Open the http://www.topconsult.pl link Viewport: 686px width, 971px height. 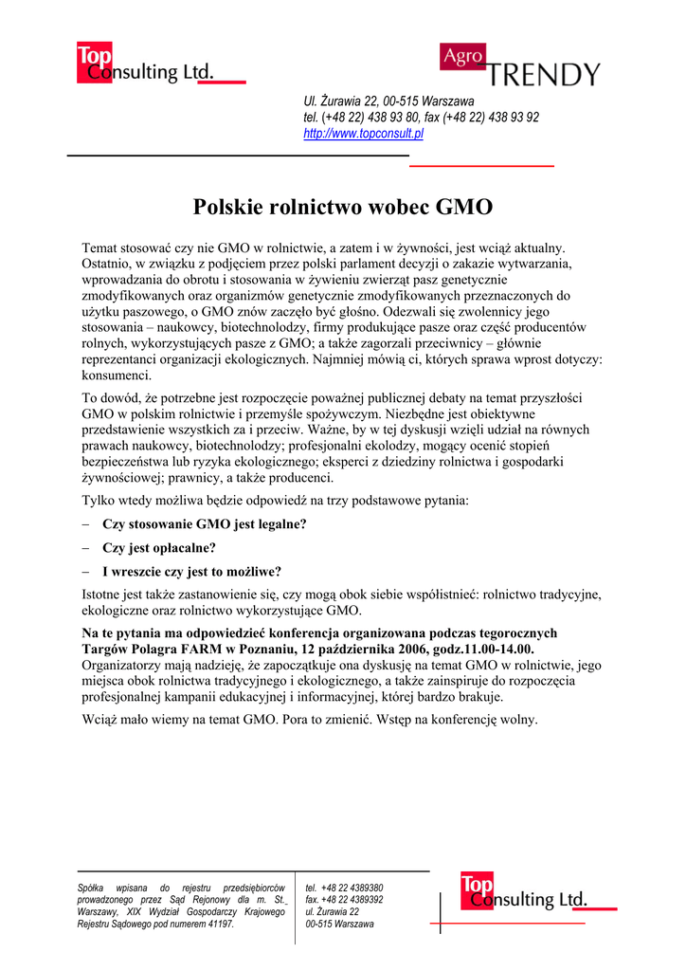pyautogui.click(x=363, y=134)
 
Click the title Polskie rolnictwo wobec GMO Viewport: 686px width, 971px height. pyautogui.click(x=343, y=207)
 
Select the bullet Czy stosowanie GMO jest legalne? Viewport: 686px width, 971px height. pyautogui.click(x=205, y=524)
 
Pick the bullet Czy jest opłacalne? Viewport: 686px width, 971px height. pyautogui.click(x=159, y=548)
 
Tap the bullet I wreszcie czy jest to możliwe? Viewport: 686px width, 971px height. pyautogui.click(x=191, y=572)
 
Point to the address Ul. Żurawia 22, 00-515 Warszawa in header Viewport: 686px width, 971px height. pyautogui.click(x=388, y=101)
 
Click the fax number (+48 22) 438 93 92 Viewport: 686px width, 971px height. pyautogui.click(x=493, y=118)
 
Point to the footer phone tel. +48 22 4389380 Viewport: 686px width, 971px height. pyautogui.click(x=344, y=888)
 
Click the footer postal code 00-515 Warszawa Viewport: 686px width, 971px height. pyautogui.click(x=339, y=925)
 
